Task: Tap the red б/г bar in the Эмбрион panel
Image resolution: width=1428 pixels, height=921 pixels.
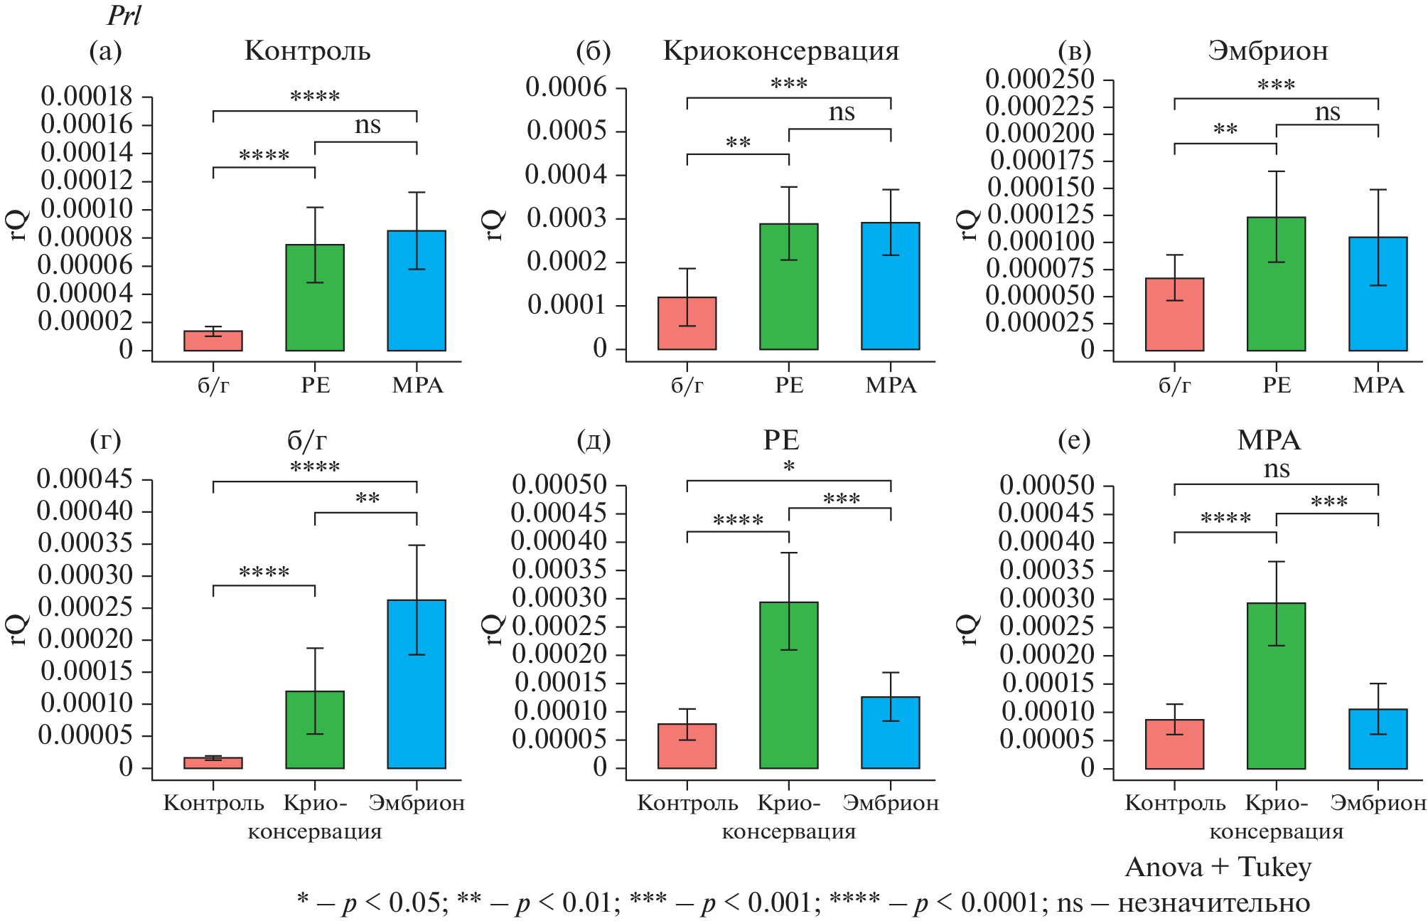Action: click(1174, 314)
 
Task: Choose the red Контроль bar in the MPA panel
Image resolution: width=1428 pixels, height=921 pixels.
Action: click(1174, 744)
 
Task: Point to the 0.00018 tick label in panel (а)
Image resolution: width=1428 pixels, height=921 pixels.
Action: click(86, 96)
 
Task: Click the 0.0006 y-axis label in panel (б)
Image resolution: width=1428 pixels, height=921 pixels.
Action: click(566, 87)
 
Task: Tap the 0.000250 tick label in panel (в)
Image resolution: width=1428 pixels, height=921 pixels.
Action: click(1039, 79)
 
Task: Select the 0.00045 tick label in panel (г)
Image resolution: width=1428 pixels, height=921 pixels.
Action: click(85, 479)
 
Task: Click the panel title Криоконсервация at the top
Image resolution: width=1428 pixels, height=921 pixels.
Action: click(780, 51)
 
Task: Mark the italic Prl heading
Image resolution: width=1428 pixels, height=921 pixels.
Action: click(124, 16)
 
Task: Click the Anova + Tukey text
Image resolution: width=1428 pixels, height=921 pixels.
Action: click(1218, 867)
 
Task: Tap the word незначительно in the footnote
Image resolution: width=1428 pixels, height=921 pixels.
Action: click(1213, 903)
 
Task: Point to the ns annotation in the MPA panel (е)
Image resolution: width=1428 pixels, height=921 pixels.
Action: click(1277, 469)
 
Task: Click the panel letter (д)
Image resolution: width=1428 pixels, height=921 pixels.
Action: click(594, 440)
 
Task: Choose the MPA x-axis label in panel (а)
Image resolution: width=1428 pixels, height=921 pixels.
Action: click(417, 385)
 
